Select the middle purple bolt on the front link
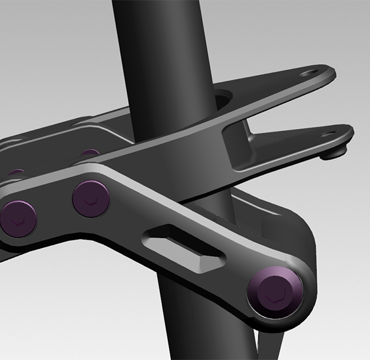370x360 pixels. click(91, 198)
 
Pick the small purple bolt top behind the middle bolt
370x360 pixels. click(90, 152)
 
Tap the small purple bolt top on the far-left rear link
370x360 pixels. click(17, 172)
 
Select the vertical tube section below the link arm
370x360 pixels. click(185, 321)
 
